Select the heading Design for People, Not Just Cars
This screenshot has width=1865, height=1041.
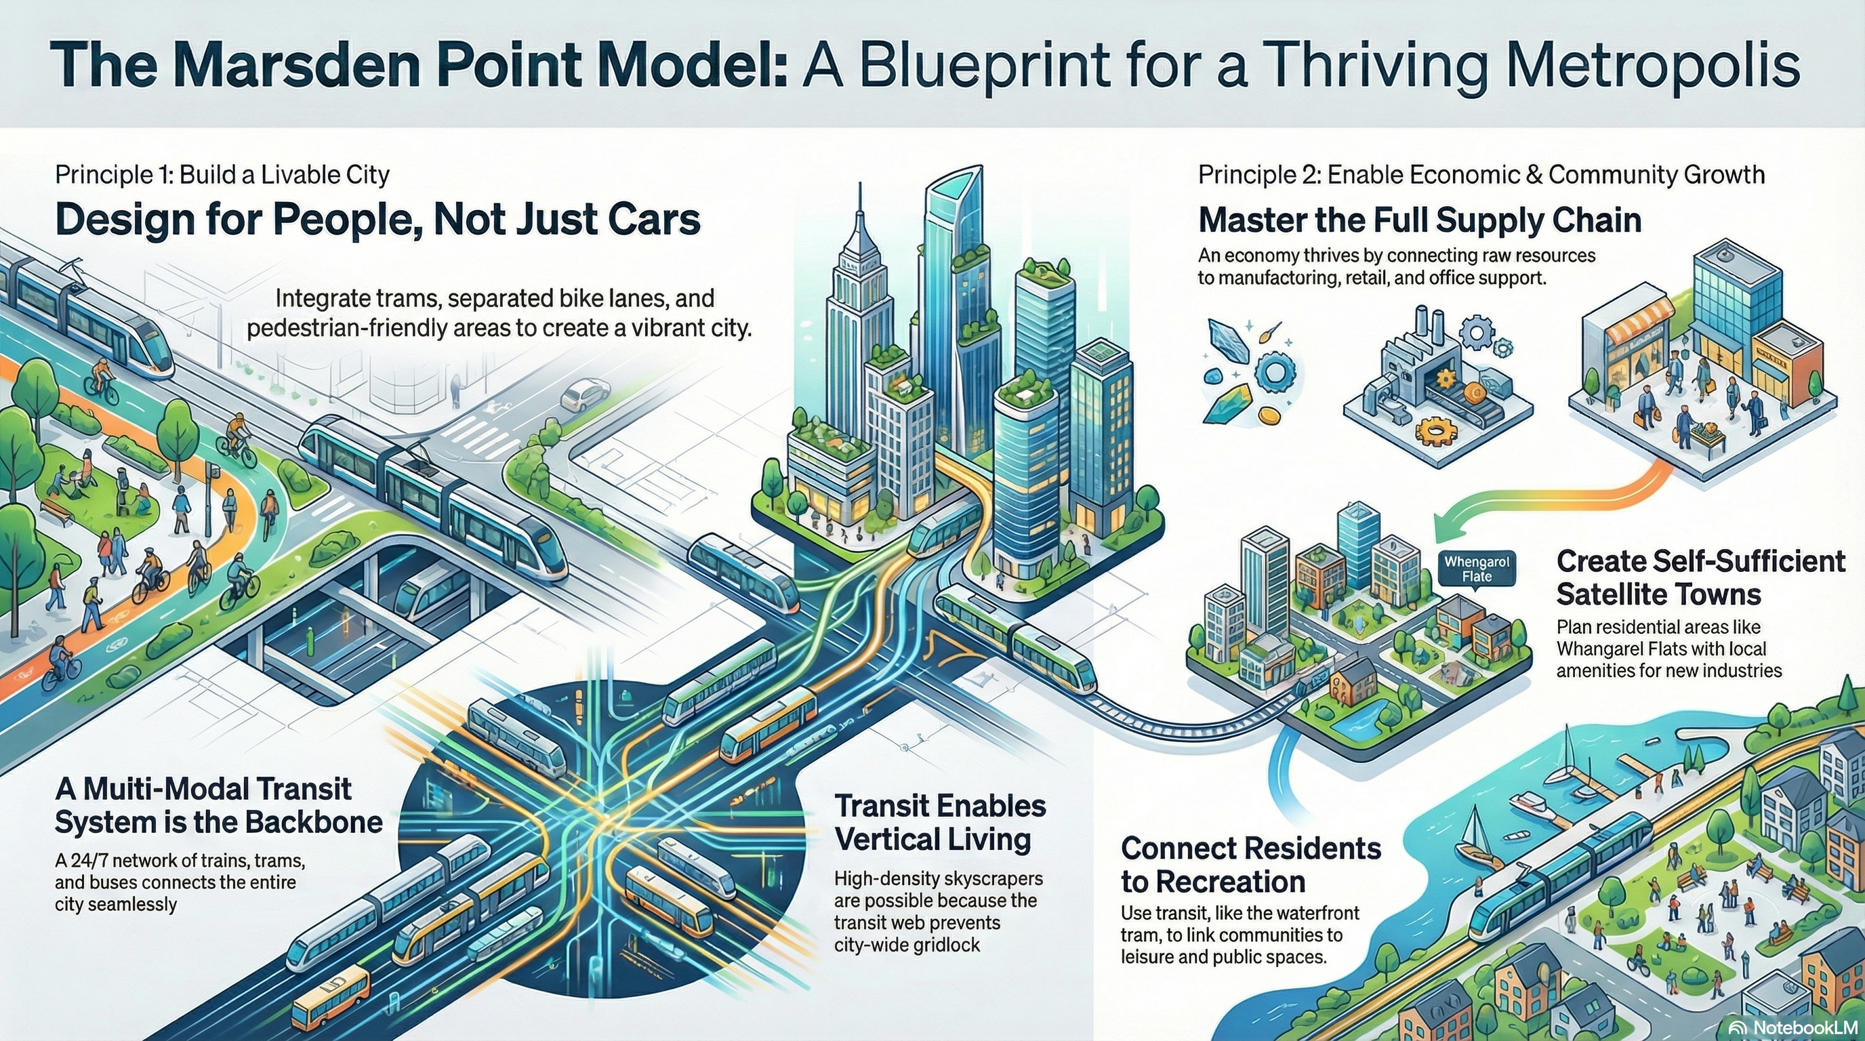377,220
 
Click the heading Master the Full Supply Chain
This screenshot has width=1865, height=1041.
1419,220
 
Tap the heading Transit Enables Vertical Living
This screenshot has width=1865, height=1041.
940,822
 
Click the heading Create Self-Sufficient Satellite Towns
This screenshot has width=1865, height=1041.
1700,577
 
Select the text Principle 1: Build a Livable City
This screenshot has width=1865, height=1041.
222,174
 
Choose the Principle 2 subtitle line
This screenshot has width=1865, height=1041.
1481,174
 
